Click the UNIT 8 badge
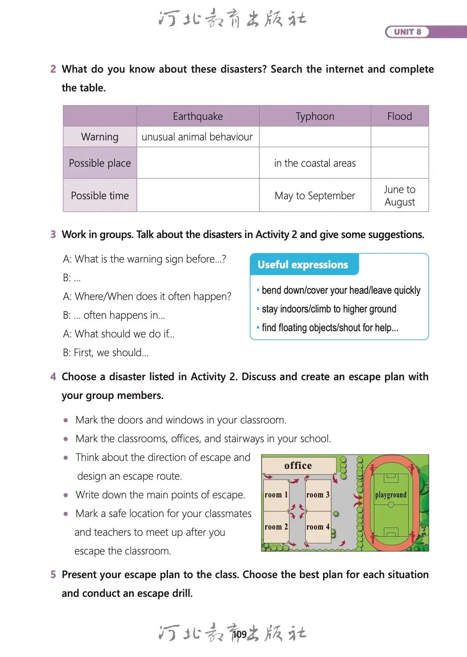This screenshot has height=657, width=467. point(407,32)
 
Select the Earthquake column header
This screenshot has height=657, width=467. point(198,116)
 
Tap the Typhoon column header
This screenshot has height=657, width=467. point(315,116)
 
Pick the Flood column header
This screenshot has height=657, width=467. point(399,116)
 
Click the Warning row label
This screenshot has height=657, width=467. point(100,137)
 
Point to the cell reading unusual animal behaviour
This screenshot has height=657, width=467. point(197,137)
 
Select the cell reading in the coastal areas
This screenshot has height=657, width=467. point(315,163)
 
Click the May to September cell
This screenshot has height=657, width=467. point(315,196)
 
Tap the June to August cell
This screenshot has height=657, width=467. point(399,196)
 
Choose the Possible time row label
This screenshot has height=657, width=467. point(100,196)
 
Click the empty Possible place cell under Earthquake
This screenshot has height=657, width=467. point(198,163)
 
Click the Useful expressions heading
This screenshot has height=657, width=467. point(303,265)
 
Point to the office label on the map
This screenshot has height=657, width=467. point(298,466)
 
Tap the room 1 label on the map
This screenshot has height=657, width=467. point(276,495)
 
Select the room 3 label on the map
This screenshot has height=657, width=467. point(318,495)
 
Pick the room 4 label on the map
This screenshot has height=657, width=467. point(318,527)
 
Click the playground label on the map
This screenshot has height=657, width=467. point(391,495)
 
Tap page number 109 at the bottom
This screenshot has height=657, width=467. point(240,634)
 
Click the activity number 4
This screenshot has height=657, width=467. point(53,377)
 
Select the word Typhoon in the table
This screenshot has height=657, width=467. point(315,116)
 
